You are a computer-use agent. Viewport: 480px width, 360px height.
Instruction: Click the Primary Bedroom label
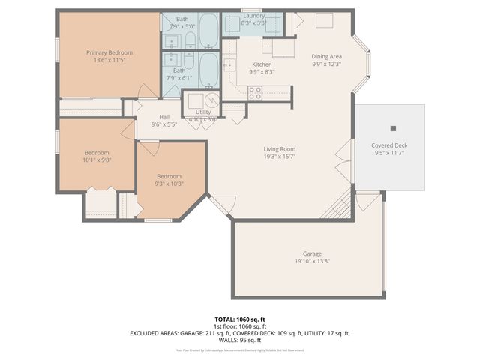point(109,52)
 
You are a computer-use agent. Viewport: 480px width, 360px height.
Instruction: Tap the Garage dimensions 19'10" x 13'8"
point(312,261)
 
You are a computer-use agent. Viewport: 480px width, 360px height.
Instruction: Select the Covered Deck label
point(389,145)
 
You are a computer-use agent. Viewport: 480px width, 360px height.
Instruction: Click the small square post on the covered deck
point(393,128)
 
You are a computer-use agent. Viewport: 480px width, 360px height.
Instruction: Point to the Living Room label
point(279,149)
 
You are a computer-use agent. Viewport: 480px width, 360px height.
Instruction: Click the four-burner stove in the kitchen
point(255,93)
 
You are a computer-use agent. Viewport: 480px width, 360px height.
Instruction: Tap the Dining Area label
point(326,56)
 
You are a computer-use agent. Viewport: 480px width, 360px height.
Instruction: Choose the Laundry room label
point(253,15)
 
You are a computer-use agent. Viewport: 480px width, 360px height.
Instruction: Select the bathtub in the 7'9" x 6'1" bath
point(208,70)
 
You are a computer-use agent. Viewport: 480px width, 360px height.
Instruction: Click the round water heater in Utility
point(211,100)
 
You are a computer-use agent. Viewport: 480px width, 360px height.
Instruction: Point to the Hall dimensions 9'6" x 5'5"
point(163,124)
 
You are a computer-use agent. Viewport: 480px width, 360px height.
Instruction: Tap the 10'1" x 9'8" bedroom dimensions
point(97,160)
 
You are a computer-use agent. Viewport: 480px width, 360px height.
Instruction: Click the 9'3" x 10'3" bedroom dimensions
point(169,184)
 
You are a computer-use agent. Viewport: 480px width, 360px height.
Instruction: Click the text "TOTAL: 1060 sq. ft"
point(239,318)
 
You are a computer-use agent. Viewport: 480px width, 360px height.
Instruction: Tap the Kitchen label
point(262,64)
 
